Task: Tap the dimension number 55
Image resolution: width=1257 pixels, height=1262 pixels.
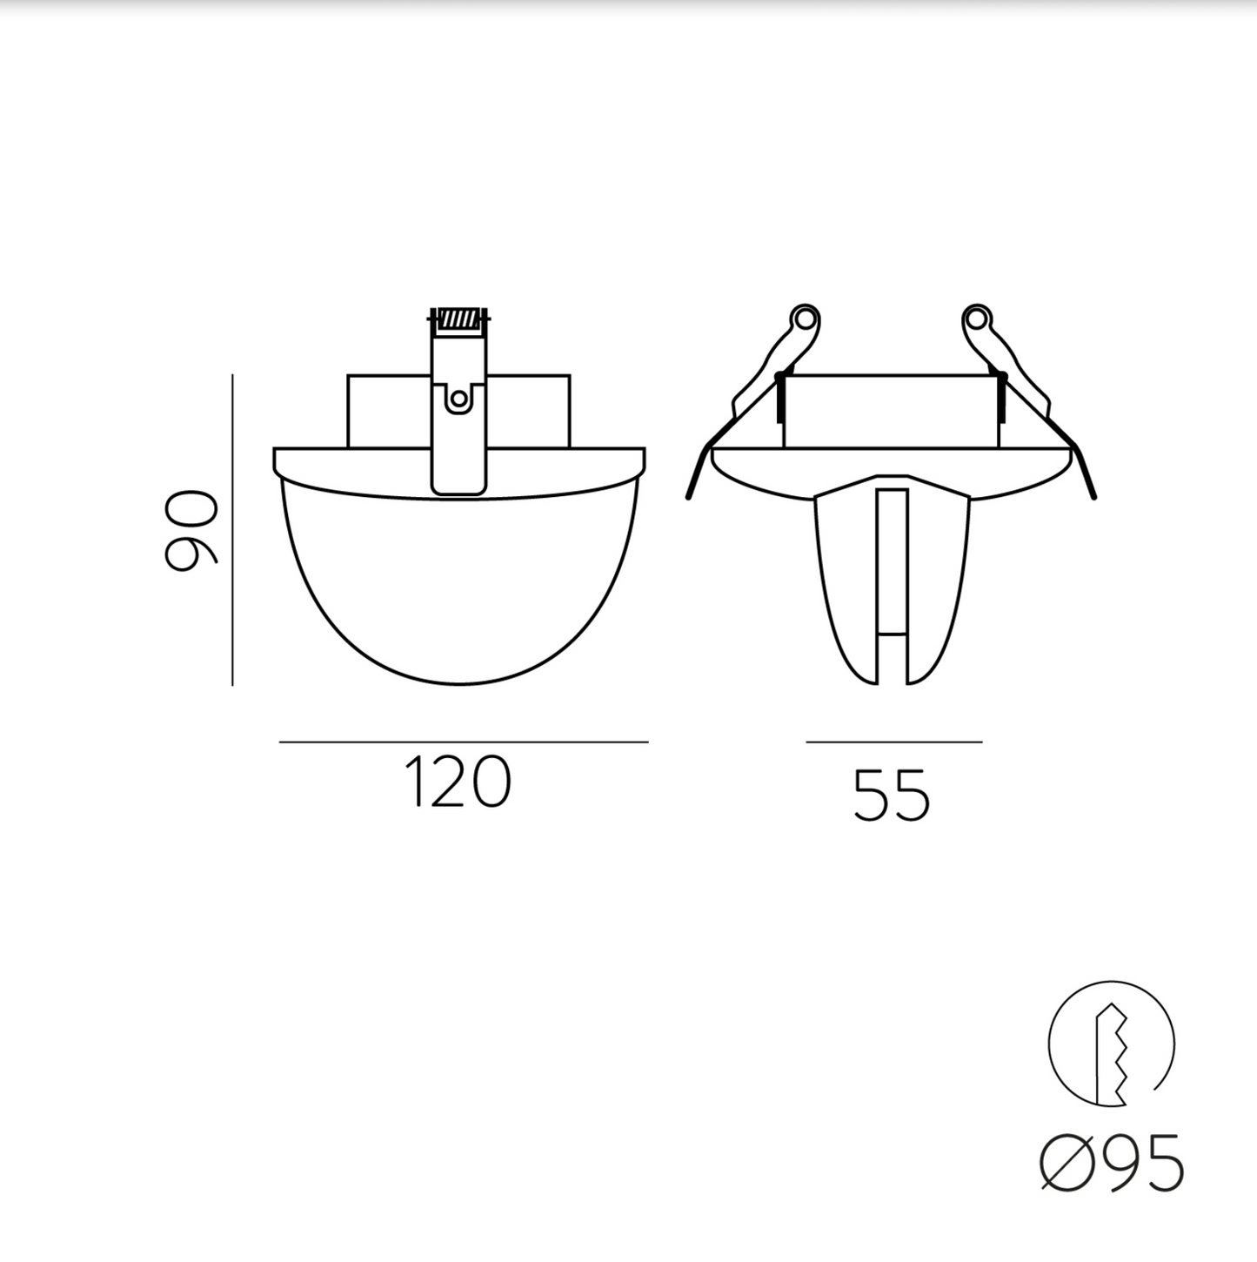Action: coord(892,795)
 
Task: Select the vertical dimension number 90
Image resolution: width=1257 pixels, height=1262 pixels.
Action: coord(191,531)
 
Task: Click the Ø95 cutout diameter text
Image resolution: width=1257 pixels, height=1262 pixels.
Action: coord(1113,1163)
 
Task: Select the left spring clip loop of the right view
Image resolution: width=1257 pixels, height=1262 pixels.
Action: coord(805,319)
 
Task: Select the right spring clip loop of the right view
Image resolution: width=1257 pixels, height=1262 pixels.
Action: coord(977,319)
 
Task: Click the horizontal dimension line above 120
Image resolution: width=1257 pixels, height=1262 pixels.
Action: coord(463,742)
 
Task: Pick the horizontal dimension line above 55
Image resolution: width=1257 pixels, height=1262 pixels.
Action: coord(893,742)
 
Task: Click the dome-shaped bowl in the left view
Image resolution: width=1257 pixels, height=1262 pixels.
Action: coord(458,592)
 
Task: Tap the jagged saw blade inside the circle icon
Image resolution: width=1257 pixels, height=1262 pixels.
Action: coord(1114,1053)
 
